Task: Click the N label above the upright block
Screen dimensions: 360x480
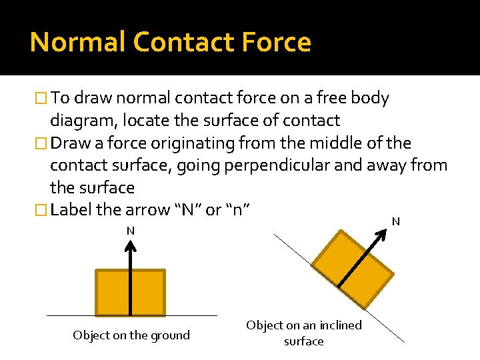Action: click(x=131, y=231)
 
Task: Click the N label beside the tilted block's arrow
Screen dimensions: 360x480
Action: click(x=395, y=221)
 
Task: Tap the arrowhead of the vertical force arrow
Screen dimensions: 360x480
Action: click(x=131, y=245)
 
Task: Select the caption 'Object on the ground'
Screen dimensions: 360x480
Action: click(x=131, y=335)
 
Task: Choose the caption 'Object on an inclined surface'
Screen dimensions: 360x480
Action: click(x=304, y=333)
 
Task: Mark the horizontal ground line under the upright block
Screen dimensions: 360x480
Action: click(x=67, y=315)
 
